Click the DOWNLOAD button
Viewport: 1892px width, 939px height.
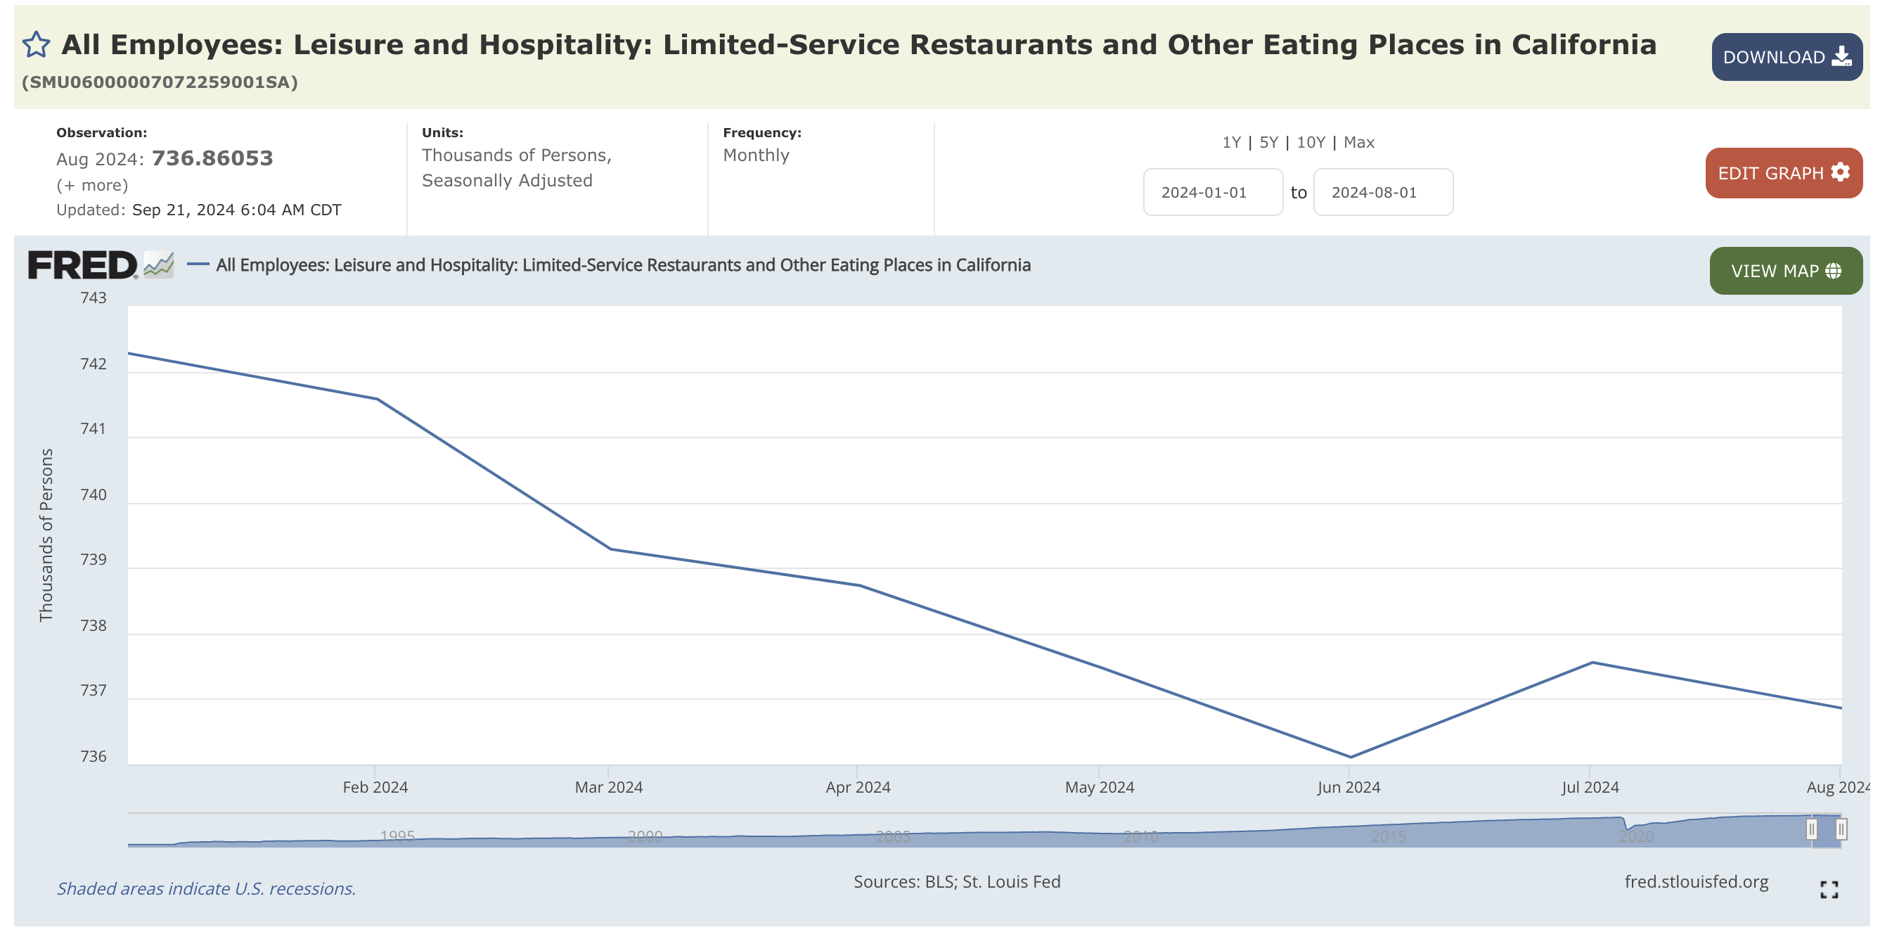[1786, 56]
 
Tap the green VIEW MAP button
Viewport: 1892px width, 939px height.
[1784, 271]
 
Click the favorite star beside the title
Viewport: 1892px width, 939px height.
[36, 45]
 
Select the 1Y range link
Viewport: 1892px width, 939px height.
[1231, 143]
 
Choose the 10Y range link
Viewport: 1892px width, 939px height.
[1311, 143]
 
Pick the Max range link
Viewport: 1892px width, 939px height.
[1359, 143]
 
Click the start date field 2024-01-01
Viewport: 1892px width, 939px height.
[1212, 193]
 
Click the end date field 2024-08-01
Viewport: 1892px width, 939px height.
[1382, 193]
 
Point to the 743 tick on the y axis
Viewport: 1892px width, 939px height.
[94, 298]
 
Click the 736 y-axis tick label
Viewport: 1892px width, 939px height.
[94, 757]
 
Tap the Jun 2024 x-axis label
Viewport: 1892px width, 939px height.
[1349, 788]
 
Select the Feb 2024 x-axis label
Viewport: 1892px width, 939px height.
[375, 788]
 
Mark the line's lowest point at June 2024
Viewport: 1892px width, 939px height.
[1350, 757]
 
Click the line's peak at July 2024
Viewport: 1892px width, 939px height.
[1592, 663]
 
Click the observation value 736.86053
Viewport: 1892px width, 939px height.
[212, 159]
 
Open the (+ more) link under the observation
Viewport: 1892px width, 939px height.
[92, 185]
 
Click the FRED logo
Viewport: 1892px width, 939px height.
[82, 265]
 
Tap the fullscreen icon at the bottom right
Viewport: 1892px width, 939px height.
[1829, 890]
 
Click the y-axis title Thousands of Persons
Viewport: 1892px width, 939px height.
[46, 535]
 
